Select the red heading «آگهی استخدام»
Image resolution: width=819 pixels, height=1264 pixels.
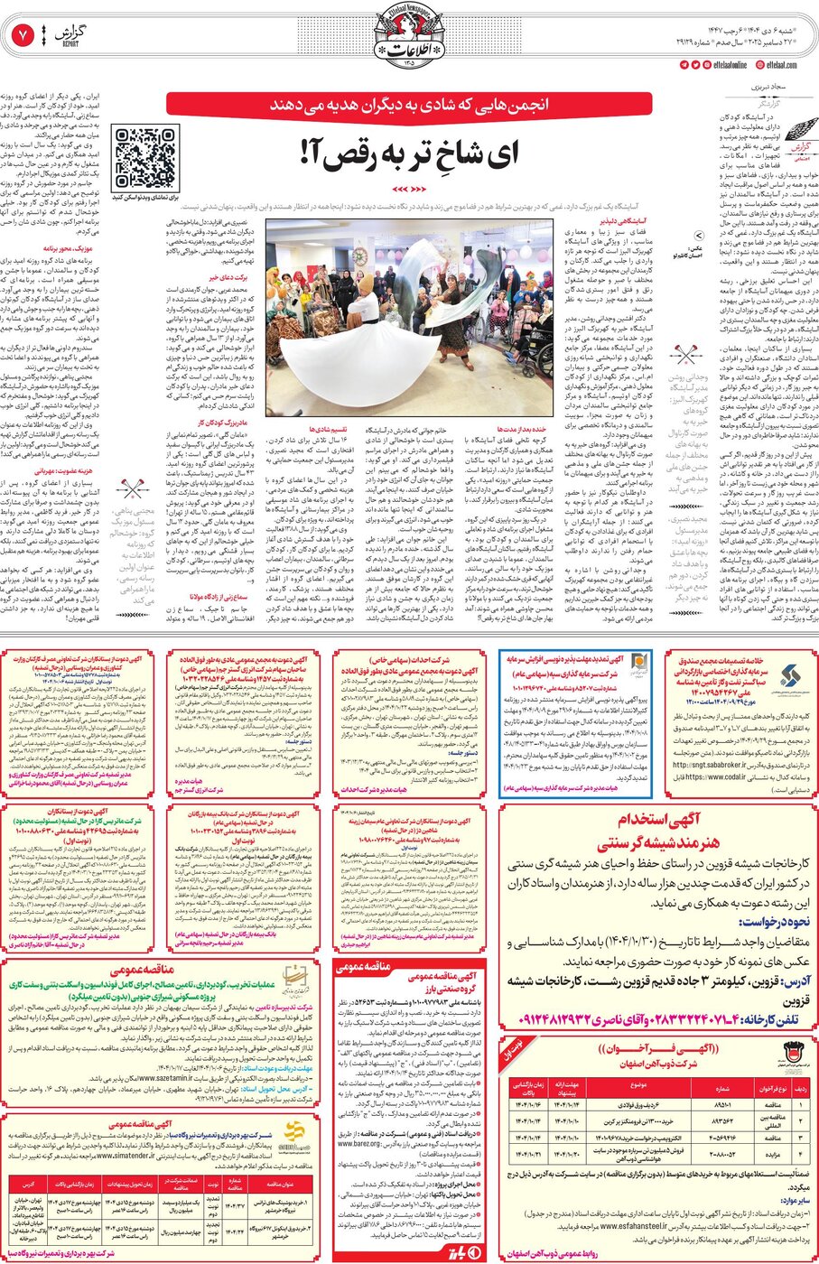pyautogui.click(x=657, y=820)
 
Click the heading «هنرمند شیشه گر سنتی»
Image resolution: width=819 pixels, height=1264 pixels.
pyautogui.click(x=657, y=844)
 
